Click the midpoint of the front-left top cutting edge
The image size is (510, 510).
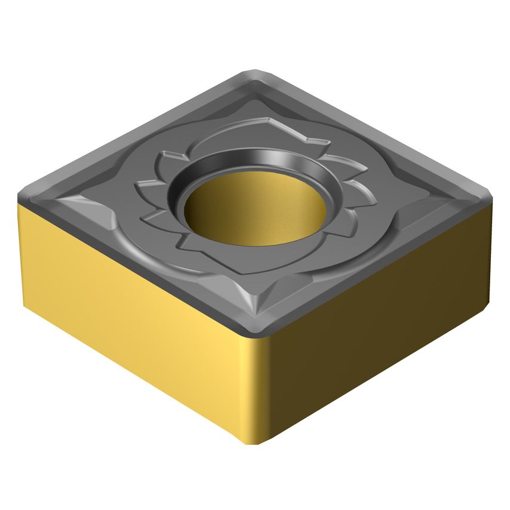[x=137, y=263]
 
